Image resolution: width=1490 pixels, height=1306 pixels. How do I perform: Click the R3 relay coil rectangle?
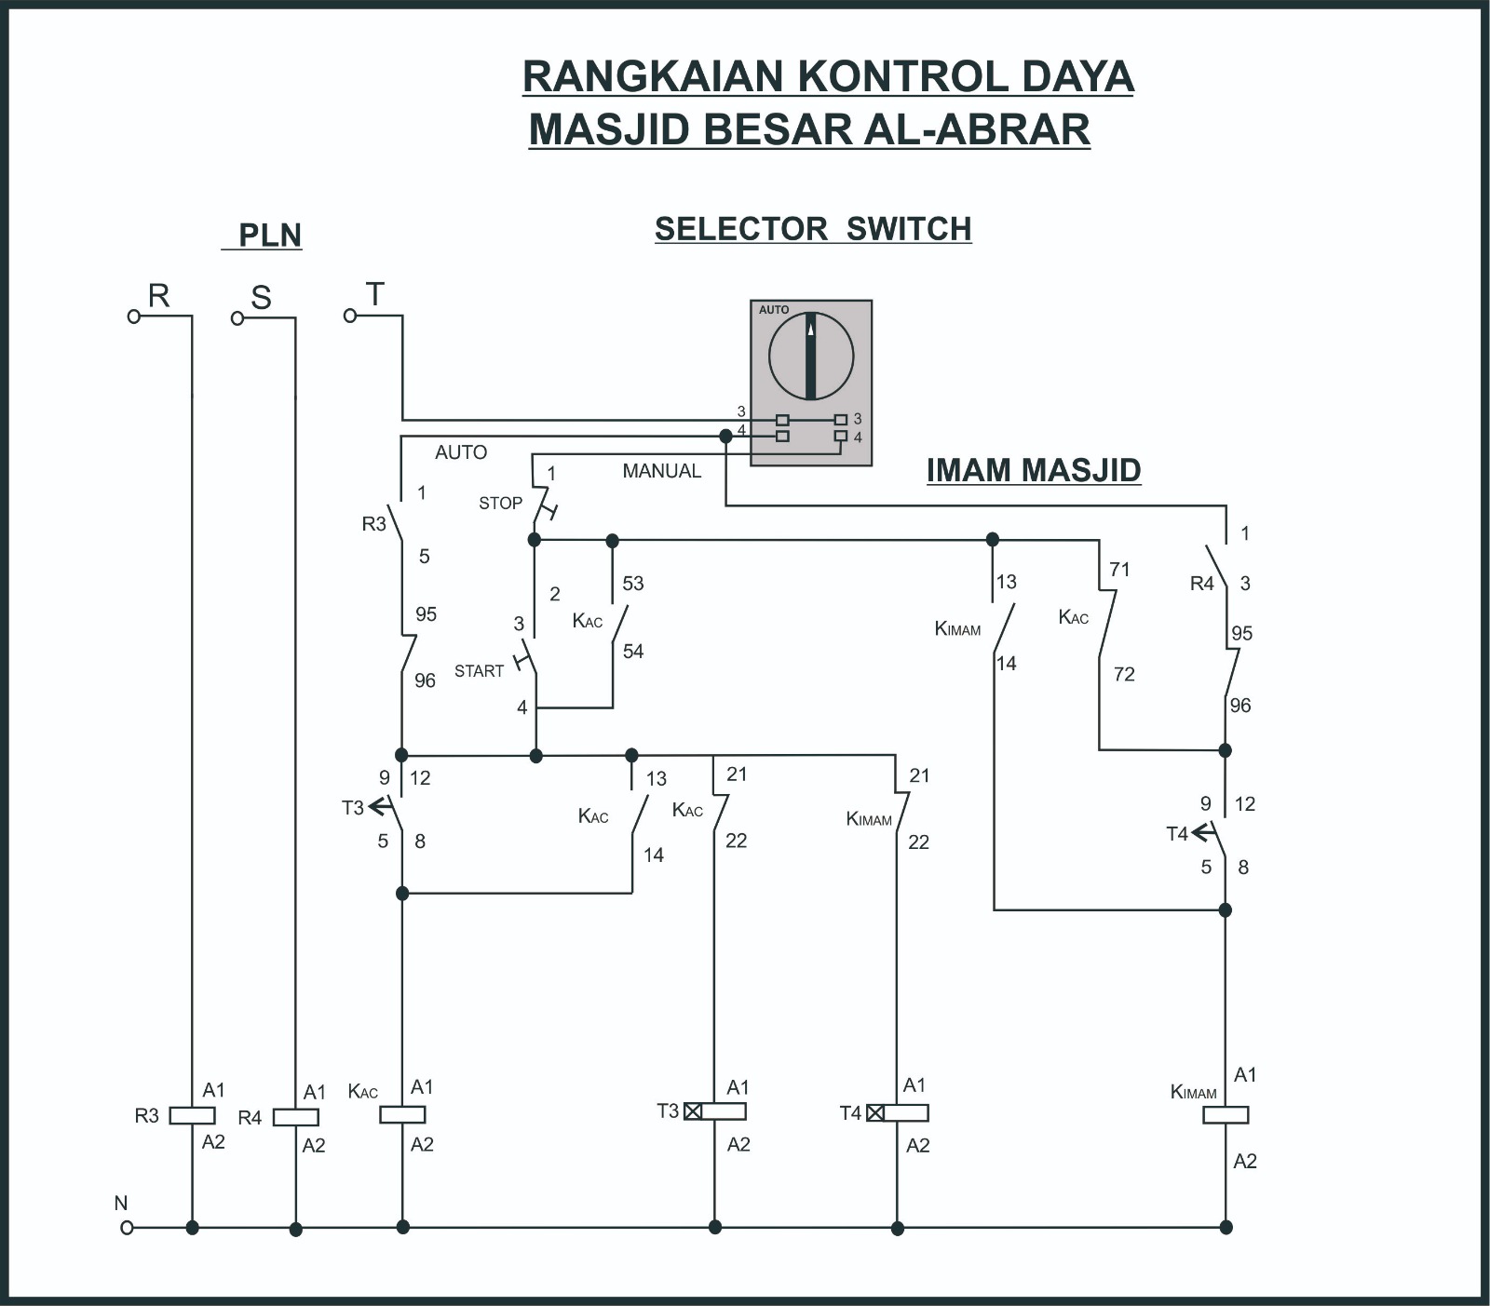coord(192,1115)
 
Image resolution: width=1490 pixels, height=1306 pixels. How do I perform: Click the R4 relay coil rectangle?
coord(295,1117)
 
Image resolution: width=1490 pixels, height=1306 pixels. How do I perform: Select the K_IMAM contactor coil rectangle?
coord(1225,1114)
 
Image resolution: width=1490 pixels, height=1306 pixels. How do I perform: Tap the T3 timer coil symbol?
coord(714,1111)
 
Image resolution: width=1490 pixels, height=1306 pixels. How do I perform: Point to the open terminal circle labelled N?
coord(127,1228)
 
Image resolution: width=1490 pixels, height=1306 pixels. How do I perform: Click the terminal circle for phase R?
coord(134,316)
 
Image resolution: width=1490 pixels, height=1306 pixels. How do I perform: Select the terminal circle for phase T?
coord(350,316)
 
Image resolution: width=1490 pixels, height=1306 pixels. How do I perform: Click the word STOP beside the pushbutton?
coord(500,504)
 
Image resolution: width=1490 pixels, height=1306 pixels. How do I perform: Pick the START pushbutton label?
coord(479,671)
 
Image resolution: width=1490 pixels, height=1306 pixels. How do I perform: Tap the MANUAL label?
coord(661,471)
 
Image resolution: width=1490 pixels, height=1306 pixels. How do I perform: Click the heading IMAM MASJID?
coord(1034,470)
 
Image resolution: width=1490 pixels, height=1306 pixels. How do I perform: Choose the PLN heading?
coord(269,236)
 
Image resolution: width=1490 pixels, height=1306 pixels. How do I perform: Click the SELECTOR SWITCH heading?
coord(813,229)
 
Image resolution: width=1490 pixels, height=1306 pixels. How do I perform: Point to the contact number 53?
coord(633,584)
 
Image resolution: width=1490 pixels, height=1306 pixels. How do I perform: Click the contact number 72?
coord(1124,674)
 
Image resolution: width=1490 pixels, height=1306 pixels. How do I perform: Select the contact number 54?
coord(633,652)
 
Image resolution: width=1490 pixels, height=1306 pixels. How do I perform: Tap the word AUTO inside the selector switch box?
coord(774,310)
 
